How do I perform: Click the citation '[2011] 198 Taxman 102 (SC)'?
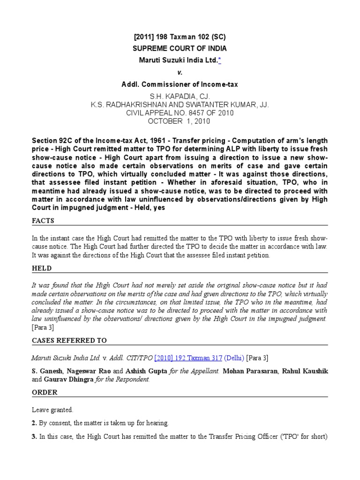180,37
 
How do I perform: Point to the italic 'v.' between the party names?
180,73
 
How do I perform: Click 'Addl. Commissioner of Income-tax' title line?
180,84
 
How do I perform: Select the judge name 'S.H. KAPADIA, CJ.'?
180,97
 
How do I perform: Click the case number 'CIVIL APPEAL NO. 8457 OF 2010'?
180,113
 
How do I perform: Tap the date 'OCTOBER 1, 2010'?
180,121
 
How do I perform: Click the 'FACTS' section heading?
43,220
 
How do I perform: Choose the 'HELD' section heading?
42,268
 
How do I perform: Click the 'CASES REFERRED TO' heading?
69,340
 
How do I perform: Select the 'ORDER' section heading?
45,392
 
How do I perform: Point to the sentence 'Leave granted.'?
52,410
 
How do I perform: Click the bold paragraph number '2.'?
35,423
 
